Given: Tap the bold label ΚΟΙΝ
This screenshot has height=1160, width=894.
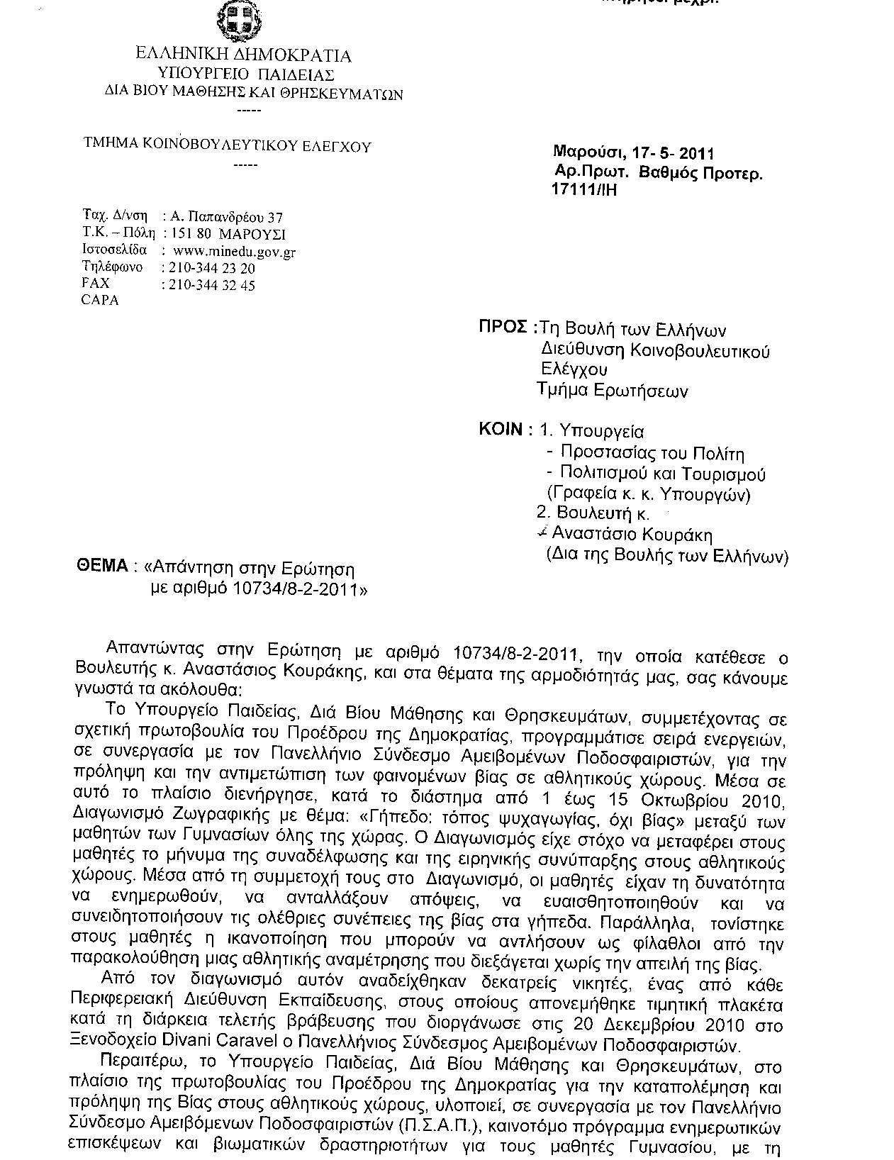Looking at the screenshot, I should (x=501, y=430).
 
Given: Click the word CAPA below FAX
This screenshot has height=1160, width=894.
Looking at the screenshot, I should (x=101, y=300).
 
